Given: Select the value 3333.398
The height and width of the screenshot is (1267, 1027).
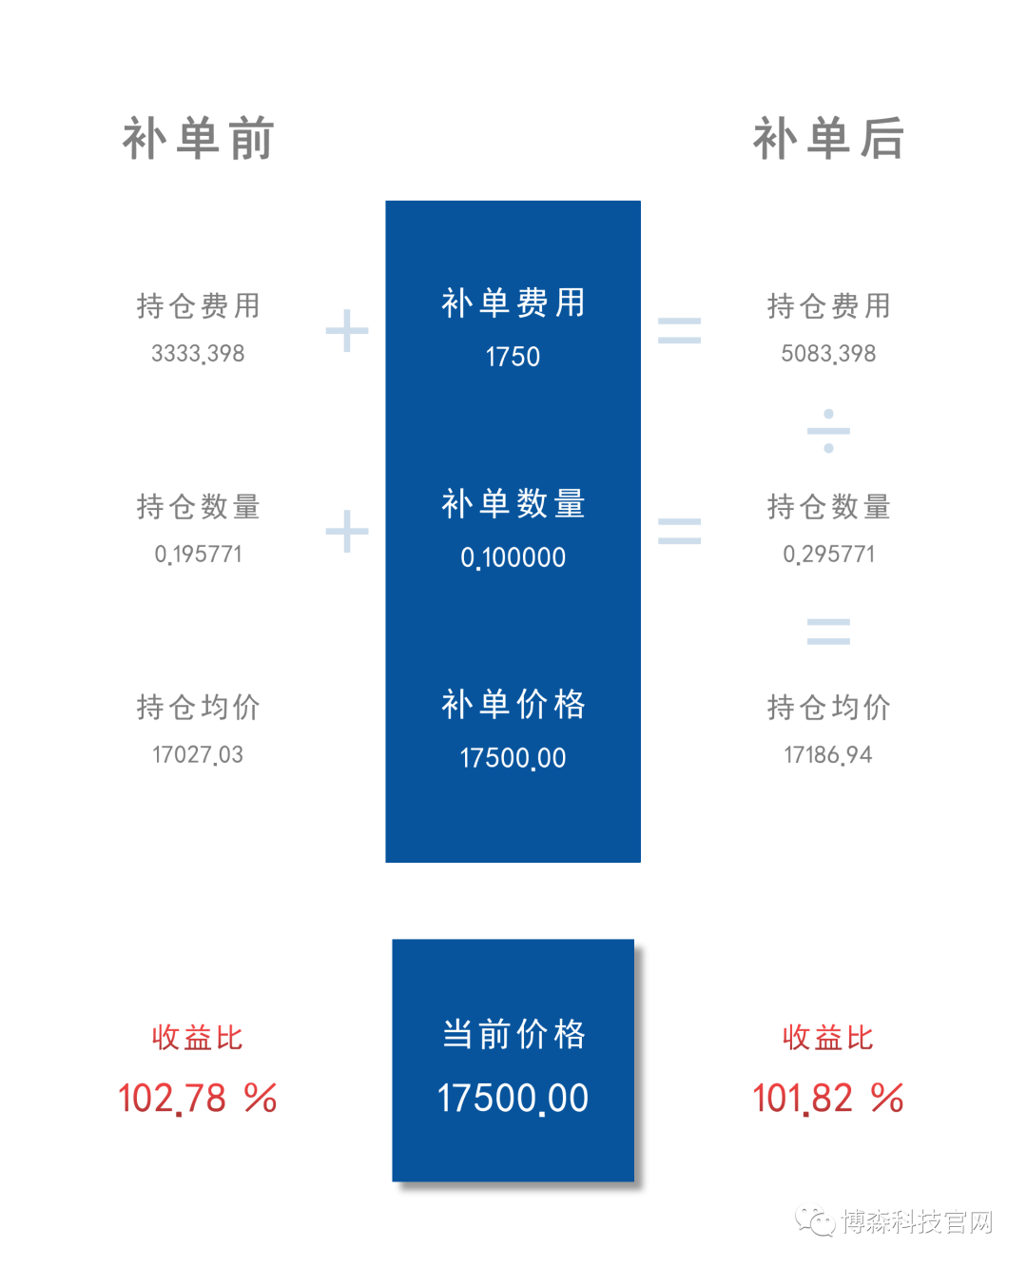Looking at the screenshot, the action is tap(198, 353).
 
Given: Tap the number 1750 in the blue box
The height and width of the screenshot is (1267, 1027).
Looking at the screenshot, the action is tap(513, 357).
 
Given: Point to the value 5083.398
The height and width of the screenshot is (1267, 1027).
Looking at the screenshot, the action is tap(828, 353).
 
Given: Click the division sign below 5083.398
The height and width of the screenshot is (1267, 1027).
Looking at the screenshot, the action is tap(828, 431).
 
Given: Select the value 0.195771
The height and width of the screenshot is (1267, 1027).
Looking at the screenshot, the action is tap(198, 554).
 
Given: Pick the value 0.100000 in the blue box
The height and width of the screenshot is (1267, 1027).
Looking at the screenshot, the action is tap(513, 557).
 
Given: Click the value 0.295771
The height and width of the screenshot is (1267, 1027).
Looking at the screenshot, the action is tap(828, 554).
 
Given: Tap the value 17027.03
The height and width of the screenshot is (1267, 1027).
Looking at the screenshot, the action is tap(198, 755).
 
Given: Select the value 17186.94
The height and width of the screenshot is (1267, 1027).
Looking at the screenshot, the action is tap(828, 755).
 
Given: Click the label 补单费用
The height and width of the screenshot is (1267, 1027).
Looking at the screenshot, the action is tap(513, 302).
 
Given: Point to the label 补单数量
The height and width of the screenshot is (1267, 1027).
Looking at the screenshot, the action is tap(513, 503).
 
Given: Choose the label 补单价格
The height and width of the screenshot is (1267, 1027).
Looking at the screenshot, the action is tap(513, 704).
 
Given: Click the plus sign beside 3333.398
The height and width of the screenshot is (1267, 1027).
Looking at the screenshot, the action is tap(347, 331).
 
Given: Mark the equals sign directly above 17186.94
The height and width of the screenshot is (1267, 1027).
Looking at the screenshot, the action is tap(828, 632).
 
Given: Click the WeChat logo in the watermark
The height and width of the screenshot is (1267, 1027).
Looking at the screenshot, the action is tap(815, 1220).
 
